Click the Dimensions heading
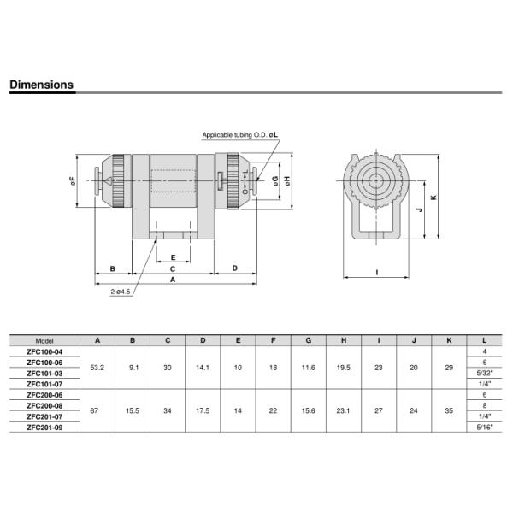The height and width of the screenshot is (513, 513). [x=42, y=85]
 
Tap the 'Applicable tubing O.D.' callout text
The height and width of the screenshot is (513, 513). [x=235, y=135]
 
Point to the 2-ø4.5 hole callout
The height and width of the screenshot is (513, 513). [x=120, y=292]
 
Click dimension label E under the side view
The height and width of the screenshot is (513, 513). [x=173, y=257]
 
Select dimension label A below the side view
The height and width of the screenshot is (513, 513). [x=173, y=280]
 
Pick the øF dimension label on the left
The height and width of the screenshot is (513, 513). [x=73, y=181]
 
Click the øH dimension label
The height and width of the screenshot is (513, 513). [x=287, y=181]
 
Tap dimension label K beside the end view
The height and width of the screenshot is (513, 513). [x=433, y=198]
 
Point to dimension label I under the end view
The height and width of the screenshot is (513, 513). [x=377, y=272]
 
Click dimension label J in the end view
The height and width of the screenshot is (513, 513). [x=420, y=209]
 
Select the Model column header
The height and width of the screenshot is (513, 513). [x=44, y=341]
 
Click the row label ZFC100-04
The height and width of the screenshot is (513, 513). [x=44, y=352]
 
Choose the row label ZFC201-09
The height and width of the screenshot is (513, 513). [x=44, y=427]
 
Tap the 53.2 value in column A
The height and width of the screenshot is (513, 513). [x=97, y=368]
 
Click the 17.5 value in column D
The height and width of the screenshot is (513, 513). [x=203, y=411]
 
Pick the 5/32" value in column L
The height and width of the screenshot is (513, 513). [x=485, y=374]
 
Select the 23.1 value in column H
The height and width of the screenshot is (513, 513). [x=343, y=411]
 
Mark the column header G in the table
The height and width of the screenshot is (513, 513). [x=308, y=340]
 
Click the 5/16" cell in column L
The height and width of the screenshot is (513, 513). [x=485, y=427]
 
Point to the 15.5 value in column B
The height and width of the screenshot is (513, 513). [x=133, y=411]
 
